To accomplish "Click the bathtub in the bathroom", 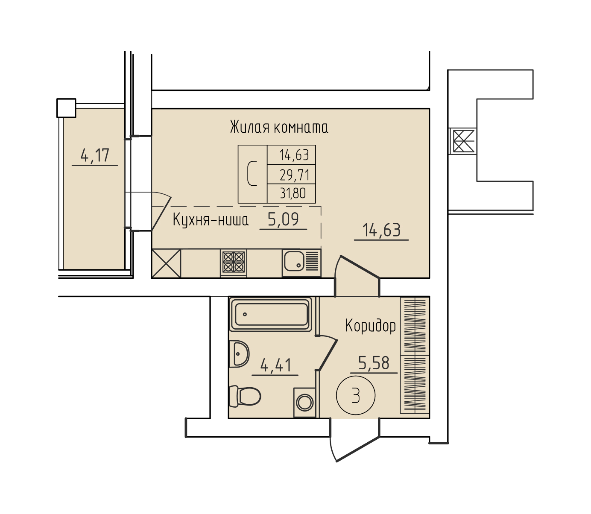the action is coord(271,314).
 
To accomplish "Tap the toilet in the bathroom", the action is coord(245,396).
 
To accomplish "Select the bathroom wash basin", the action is coord(239,354).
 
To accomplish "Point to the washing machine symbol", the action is coord(304,402).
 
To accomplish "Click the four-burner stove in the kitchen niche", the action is coord(234,262).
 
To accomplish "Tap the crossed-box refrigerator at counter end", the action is coord(166,263).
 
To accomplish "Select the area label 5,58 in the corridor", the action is coord(374,363).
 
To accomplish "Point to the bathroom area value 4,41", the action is coord(275,365).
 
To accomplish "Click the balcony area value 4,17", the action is coord(95,156).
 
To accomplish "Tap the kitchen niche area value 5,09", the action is coord(283,219).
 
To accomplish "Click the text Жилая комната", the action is coord(279,127).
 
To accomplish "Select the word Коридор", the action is coord(371,326).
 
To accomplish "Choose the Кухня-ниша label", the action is coord(211,220).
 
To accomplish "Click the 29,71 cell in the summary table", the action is coord(294,175).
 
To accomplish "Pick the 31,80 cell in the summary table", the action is coord(293,193).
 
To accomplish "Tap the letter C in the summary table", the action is coord(252,173).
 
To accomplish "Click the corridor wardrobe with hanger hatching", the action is coord(415,355).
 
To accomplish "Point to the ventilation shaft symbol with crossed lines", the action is coord(463,141).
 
